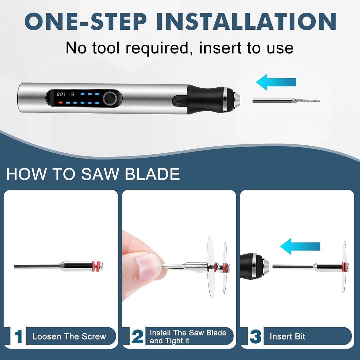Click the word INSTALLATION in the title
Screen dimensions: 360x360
click(247, 21)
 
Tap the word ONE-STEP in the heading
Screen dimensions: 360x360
click(85, 21)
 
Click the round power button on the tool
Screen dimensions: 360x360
click(110, 98)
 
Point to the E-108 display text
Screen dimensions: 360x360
click(65, 94)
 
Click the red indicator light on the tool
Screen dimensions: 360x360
click(60, 103)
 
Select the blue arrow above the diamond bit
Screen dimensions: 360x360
click(276, 82)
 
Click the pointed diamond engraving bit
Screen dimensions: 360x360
click(286, 101)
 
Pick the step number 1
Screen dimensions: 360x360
click(18, 337)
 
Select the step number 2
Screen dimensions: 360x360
click(138, 337)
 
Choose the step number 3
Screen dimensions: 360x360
click(256, 337)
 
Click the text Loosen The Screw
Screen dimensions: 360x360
click(69, 337)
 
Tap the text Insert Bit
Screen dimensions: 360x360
click(287, 337)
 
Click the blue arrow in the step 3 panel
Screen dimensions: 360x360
click(300, 247)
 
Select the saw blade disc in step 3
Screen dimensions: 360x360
click(344, 267)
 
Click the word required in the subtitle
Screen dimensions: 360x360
click(157, 48)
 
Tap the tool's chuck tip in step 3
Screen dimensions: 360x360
click(266, 266)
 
